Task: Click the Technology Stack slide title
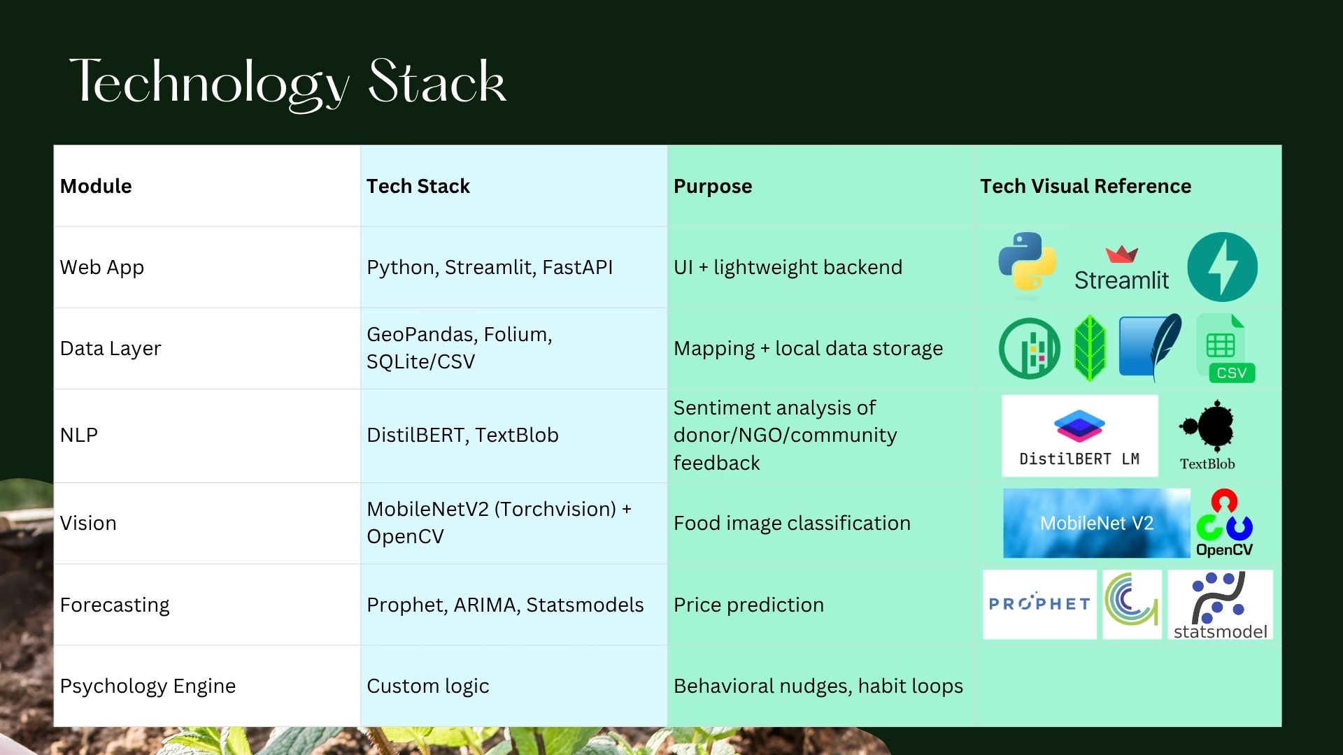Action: pyautogui.click(x=287, y=82)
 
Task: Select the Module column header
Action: pyautogui.click(x=96, y=186)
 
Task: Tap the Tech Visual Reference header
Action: pyautogui.click(x=1085, y=186)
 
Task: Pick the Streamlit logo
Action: pyautogui.click(x=1121, y=269)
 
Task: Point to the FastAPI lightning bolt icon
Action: pyautogui.click(x=1222, y=267)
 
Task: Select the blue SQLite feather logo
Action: pyautogui.click(x=1149, y=346)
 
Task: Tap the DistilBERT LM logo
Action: pyautogui.click(x=1079, y=436)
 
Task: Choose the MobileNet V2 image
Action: pyautogui.click(x=1096, y=523)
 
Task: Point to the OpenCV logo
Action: pyautogui.click(x=1224, y=523)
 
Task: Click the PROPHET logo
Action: pyautogui.click(x=1039, y=604)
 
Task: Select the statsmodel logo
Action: pyautogui.click(x=1220, y=605)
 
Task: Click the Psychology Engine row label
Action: pyautogui.click(x=148, y=686)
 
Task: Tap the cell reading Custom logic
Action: pyautogui.click(x=427, y=686)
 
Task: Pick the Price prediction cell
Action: pyautogui.click(x=748, y=605)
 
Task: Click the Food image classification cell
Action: pyautogui.click(x=792, y=523)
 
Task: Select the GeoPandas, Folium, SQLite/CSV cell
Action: pyautogui.click(x=459, y=348)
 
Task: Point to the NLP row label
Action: pyautogui.click(x=79, y=435)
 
